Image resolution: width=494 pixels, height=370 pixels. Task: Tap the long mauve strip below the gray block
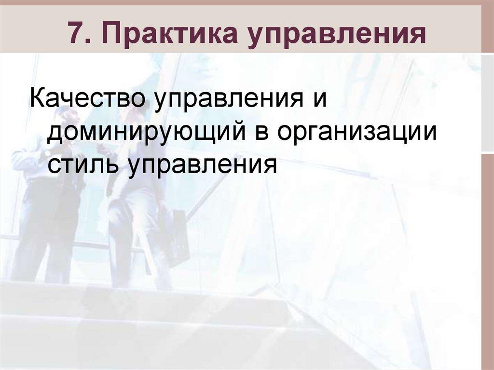tap(487, 260)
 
